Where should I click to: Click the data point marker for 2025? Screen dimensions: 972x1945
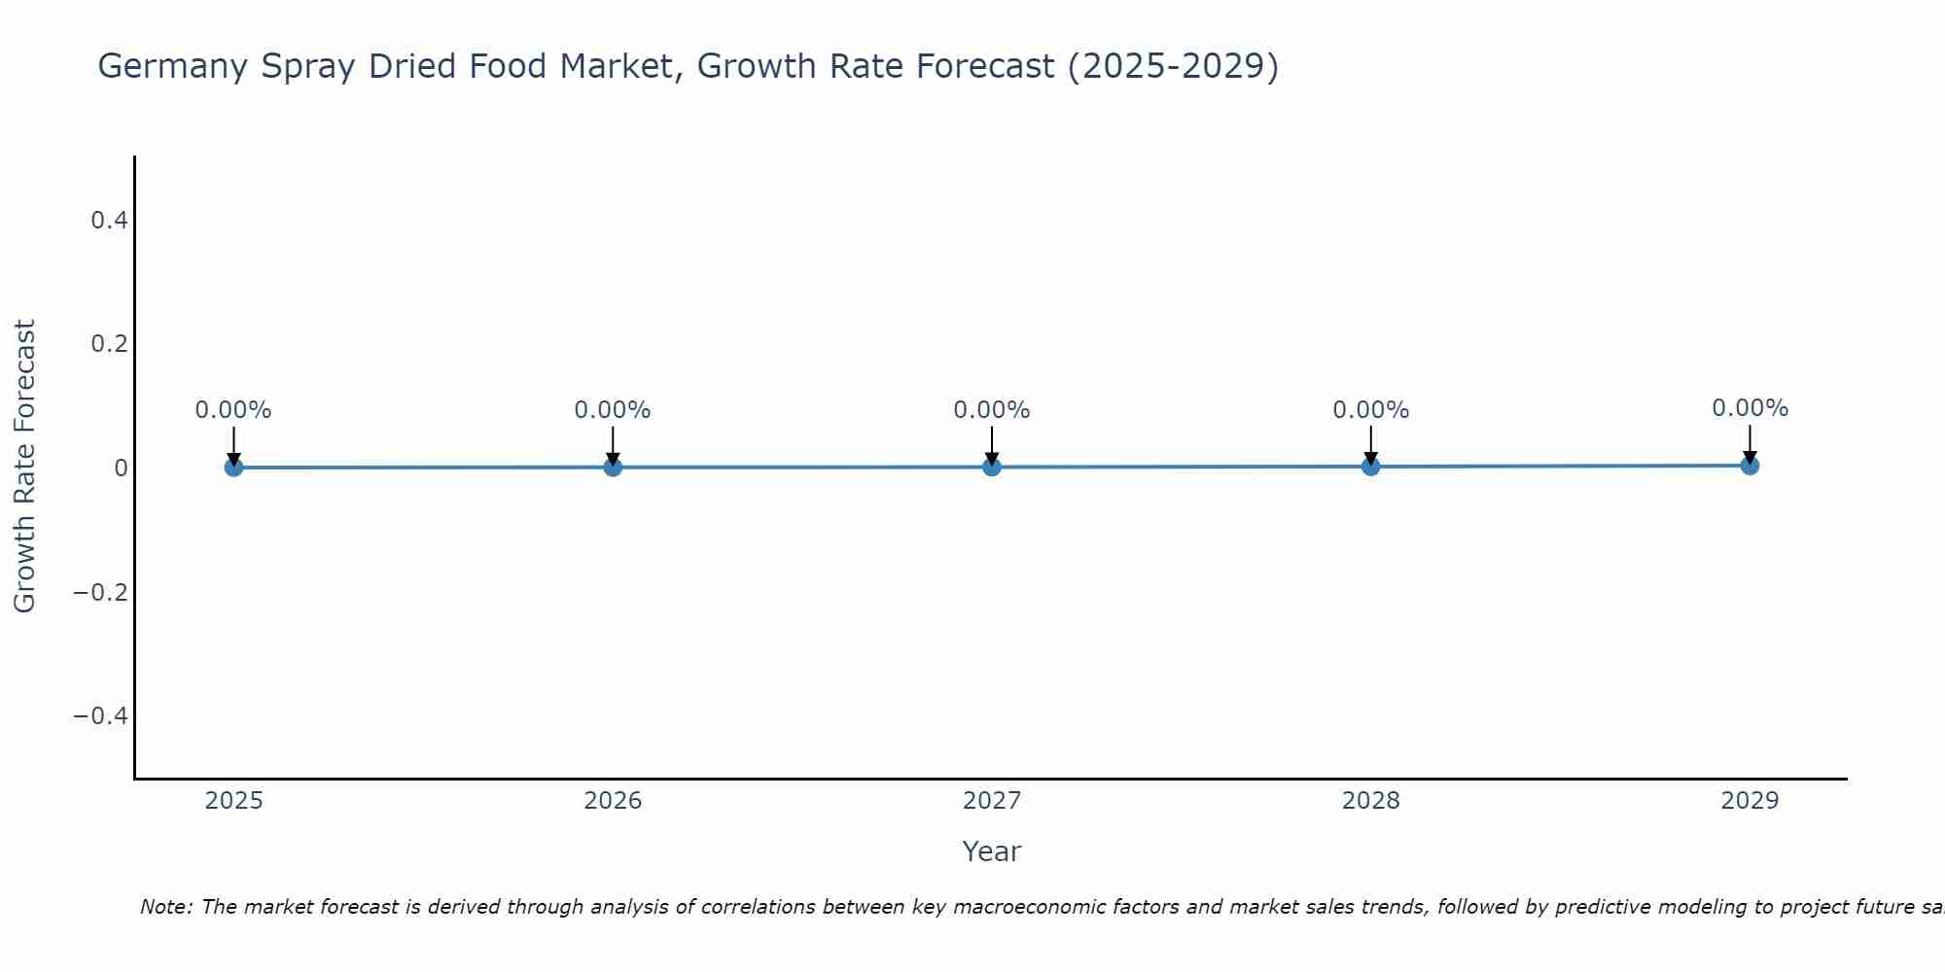[233, 468]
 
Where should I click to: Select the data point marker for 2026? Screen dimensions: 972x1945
[613, 468]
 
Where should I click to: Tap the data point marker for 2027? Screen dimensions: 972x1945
[992, 468]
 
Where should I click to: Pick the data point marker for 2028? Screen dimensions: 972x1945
[1370, 467]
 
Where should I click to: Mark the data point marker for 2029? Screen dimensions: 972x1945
[1750, 466]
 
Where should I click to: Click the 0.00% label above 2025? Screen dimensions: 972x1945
[233, 410]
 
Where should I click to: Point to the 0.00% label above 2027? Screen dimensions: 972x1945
[992, 410]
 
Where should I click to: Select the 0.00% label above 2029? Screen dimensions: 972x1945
[1750, 408]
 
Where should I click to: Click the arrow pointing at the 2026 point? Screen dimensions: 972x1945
[613, 445]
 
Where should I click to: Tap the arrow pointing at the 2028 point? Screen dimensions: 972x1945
[1370, 445]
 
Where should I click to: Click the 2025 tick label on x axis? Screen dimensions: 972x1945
[233, 801]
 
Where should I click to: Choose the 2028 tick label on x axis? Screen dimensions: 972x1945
[1370, 801]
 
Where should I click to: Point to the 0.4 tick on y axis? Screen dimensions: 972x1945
[109, 221]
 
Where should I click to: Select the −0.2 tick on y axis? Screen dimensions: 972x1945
[101, 592]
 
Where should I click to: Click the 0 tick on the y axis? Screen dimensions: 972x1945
[121, 469]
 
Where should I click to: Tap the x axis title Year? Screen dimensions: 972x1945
[991, 851]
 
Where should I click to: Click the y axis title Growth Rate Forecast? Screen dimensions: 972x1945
[24, 467]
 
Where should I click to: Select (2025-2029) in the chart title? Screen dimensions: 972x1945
[1173, 67]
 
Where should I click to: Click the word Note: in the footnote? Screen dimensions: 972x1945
[167, 907]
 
